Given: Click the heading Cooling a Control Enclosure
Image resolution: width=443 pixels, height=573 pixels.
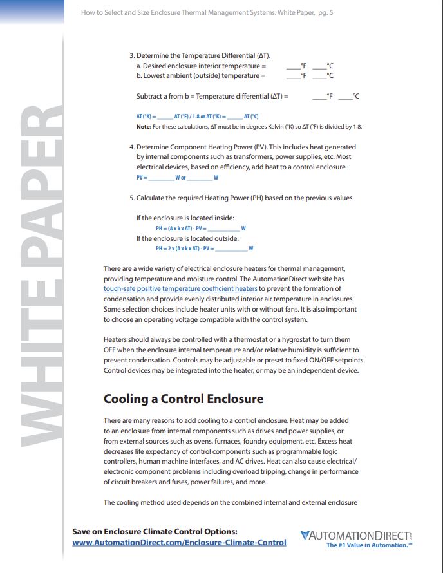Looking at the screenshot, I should click(x=184, y=399).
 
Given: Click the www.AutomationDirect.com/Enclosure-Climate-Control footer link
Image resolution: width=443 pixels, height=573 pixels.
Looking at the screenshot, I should click(x=179, y=543).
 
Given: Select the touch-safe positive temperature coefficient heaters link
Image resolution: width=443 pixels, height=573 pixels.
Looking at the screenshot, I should click(x=180, y=289).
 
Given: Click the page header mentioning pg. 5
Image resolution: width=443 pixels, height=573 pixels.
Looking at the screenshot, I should click(x=207, y=13).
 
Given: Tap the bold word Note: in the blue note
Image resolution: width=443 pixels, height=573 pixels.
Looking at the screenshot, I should click(x=143, y=127).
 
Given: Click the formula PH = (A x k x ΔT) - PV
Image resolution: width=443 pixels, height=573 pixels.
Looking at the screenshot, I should click(x=201, y=229).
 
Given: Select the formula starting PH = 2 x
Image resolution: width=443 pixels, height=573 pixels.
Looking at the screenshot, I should click(x=203, y=249).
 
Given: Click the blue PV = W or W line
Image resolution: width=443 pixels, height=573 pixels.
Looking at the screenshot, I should click(x=177, y=178).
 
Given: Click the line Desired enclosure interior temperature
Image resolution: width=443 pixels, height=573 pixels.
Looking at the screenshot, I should click(x=201, y=66).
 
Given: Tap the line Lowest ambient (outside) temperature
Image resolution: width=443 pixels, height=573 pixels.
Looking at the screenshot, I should click(x=200, y=76).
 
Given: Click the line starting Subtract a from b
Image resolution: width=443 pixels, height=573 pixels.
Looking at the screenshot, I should click(x=212, y=97).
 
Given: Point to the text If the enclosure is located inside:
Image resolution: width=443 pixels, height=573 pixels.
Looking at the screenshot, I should click(x=185, y=218).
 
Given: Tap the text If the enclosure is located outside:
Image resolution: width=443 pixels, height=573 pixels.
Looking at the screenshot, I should click(x=187, y=238).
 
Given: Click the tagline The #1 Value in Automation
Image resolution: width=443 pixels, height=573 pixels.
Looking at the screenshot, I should click(x=369, y=545).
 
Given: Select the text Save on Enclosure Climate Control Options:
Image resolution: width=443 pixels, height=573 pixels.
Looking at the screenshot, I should click(x=155, y=531).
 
